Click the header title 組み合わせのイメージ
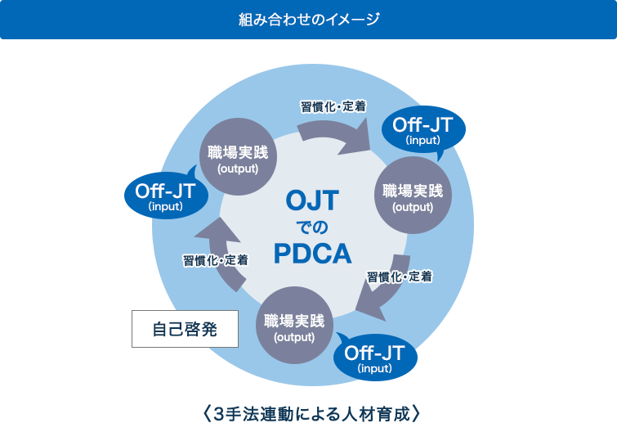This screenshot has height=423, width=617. [x=308, y=20]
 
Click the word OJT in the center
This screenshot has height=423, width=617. [x=312, y=200]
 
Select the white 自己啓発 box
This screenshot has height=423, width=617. [x=185, y=329]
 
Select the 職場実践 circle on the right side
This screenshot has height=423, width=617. [x=413, y=197]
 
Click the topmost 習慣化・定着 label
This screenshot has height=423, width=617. [x=333, y=106]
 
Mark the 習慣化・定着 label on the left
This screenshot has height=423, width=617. [x=215, y=260]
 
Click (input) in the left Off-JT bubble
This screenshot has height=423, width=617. [x=166, y=207]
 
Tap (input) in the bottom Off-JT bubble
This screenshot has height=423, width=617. [x=375, y=369]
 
